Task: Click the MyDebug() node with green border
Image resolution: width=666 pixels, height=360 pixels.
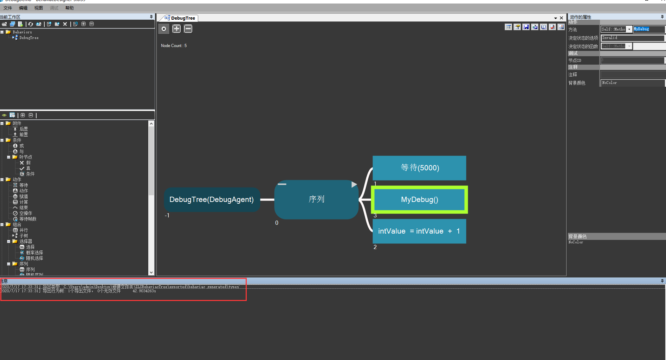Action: [419, 199]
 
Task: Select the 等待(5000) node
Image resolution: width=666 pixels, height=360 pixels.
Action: [419, 168]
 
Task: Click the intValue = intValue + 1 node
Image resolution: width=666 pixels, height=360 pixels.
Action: [419, 231]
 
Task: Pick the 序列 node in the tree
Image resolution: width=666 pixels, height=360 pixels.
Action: [316, 199]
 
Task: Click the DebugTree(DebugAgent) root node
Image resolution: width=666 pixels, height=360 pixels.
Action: [212, 199]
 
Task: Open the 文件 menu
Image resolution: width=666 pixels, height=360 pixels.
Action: [8, 8]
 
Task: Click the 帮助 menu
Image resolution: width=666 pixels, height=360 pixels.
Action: [70, 8]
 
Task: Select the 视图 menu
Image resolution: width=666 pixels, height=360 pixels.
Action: [39, 8]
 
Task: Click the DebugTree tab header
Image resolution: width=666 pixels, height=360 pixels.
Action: [183, 18]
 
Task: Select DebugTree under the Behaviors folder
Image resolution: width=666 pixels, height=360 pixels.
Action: [29, 38]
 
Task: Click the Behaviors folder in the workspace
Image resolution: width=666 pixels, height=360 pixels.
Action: [22, 32]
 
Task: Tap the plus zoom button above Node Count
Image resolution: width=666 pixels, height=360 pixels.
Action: [176, 29]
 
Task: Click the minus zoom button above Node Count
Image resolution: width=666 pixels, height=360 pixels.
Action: [188, 29]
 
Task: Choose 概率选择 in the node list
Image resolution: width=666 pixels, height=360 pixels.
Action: [34, 253]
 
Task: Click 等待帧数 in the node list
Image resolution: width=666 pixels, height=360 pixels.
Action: [28, 219]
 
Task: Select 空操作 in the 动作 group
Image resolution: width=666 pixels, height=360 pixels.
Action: [26, 213]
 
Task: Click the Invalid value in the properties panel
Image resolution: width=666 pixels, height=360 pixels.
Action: [632, 38]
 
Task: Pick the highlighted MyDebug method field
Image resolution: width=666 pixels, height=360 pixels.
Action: [648, 29]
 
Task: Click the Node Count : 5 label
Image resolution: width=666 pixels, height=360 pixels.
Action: [174, 46]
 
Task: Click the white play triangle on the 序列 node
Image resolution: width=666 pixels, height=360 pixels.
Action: [354, 184]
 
